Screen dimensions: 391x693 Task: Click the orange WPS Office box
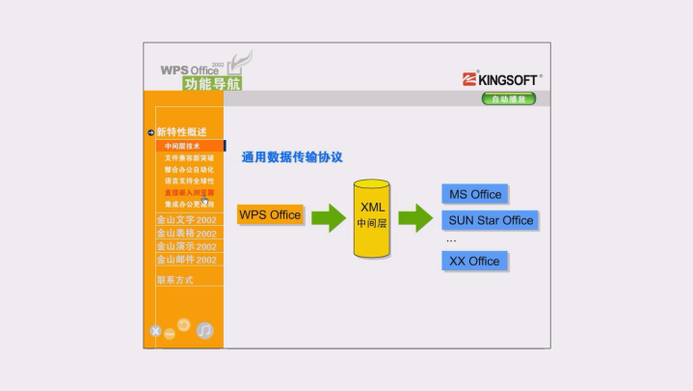coord(270,214)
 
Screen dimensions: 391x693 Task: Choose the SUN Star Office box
coord(491,220)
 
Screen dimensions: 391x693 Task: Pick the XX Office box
coord(474,261)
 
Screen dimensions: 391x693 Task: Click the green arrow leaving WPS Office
coord(328,216)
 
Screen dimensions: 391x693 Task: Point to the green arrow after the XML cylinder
coord(415,217)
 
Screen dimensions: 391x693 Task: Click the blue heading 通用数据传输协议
coord(292,156)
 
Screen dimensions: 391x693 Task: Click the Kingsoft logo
coord(501,79)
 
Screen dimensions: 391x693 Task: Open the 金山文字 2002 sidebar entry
coord(186,220)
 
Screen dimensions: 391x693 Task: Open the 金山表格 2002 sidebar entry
coord(186,234)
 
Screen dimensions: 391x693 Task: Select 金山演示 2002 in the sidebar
coord(186,247)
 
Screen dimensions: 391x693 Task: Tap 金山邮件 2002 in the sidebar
coord(186,260)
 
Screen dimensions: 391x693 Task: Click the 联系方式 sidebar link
coord(175,280)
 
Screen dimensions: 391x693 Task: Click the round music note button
coord(204,330)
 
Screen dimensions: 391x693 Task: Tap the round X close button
coord(155,332)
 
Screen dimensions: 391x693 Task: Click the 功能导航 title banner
coord(213,84)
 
